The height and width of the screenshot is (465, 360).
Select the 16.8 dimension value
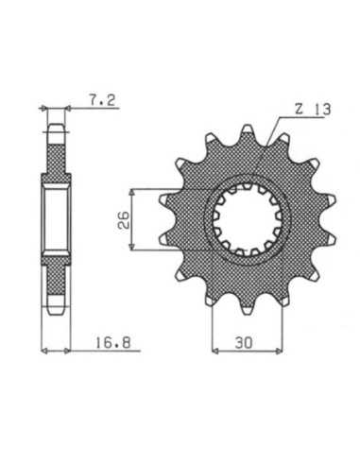tap(113, 342)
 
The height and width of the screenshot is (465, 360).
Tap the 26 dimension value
tap(123, 219)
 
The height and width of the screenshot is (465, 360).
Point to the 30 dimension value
tap(244, 343)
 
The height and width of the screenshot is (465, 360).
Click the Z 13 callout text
tap(313, 110)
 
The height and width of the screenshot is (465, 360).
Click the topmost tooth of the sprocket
tap(247, 129)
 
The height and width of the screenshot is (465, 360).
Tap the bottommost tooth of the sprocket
tap(248, 309)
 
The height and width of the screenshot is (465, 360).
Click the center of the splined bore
tap(247, 219)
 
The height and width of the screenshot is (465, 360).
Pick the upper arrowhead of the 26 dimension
tap(133, 193)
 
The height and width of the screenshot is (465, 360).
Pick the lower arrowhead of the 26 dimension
tap(133, 247)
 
